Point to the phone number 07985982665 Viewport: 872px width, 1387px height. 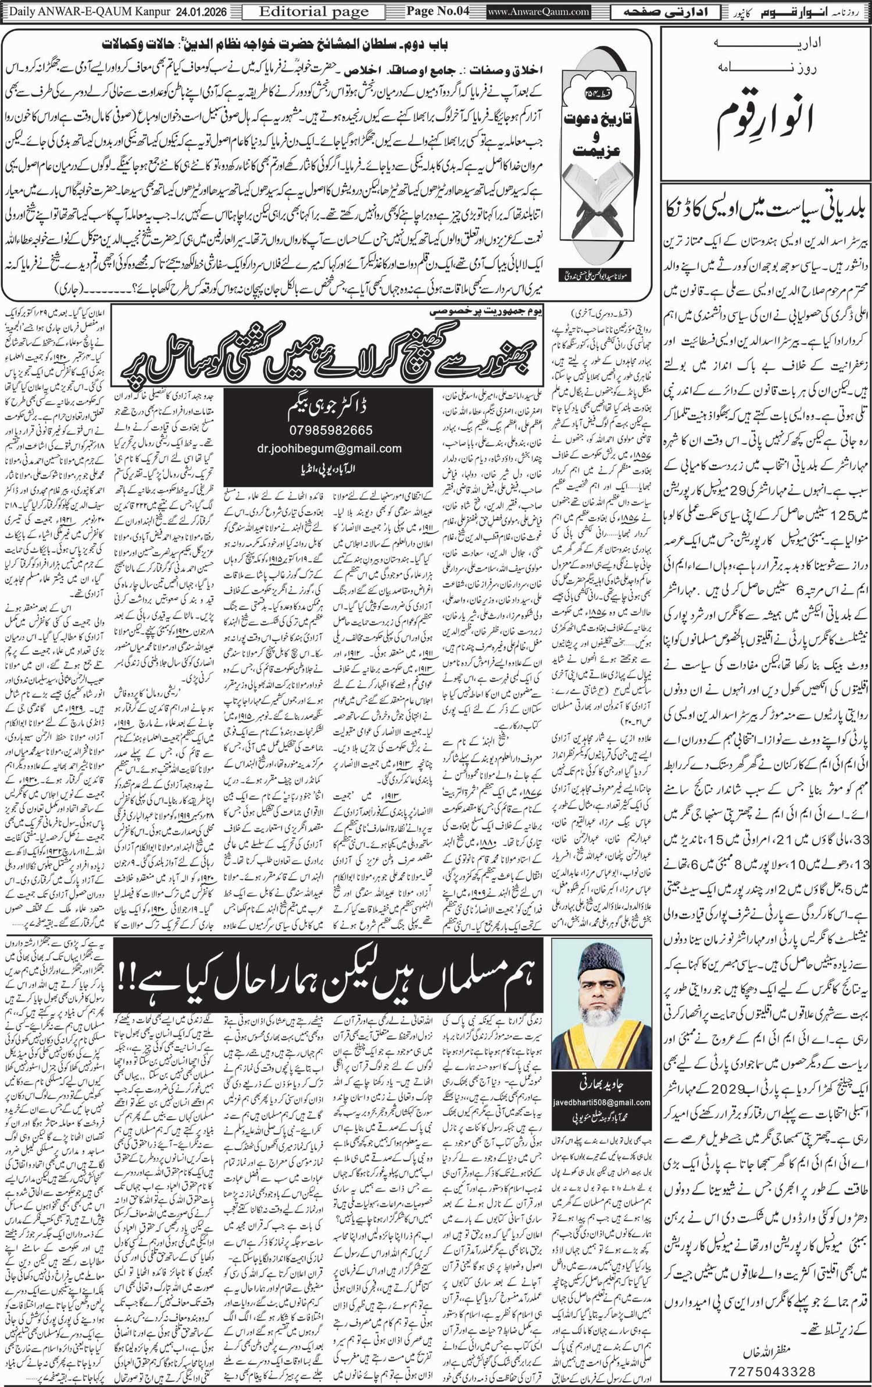tap(328, 431)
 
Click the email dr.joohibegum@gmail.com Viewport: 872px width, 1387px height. tap(328, 448)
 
